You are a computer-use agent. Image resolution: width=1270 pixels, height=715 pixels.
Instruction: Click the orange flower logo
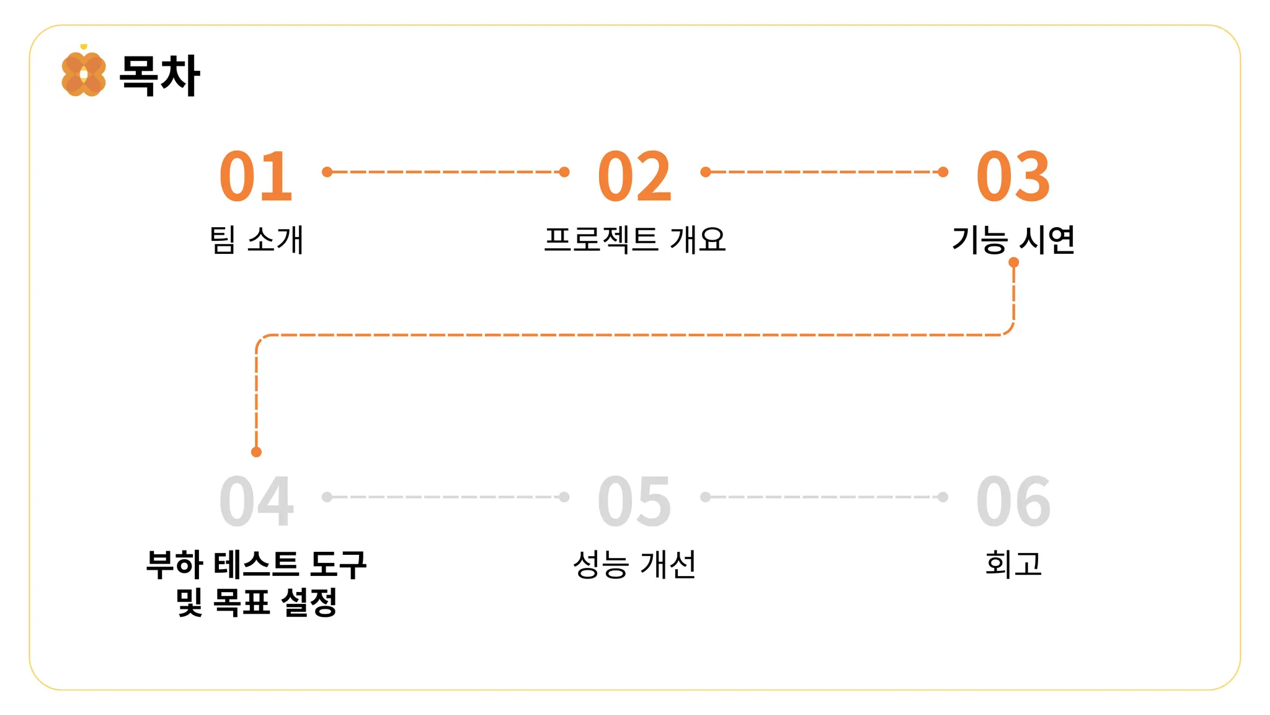pyautogui.click(x=83, y=74)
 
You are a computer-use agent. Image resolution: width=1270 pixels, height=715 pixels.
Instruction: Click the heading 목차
pyautogui.click(x=159, y=75)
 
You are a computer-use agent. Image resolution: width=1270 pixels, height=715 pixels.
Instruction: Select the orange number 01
pyautogui.click(x=256, y=177)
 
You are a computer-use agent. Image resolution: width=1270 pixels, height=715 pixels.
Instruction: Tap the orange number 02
pyautogui.click(x=634, y=177)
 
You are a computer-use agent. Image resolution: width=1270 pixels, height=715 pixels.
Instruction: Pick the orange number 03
pyautogui.click(x=1013, y=177)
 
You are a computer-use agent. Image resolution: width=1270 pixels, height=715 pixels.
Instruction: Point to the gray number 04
pyautogui.click(x=256, y=501)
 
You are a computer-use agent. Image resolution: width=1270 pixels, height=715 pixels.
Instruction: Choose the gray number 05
pyautogui.click(x=634, y=501)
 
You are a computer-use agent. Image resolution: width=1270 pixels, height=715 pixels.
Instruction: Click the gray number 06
pyautogui.click(x=1013, y=501)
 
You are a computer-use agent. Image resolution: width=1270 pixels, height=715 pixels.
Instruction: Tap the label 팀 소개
pyautogui.click(x=256, y=240)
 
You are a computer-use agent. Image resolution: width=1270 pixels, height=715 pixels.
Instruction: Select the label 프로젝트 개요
pyautogui.click(x=634, y=240)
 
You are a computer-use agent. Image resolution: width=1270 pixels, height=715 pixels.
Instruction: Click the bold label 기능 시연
pyautogui.click(x=1013, y=240)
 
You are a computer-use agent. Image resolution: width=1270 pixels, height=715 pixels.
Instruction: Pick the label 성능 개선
pyautogui.click(x=634, y=565)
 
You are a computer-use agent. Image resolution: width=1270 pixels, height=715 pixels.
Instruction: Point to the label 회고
pyautogui.click(x=1013, y=565)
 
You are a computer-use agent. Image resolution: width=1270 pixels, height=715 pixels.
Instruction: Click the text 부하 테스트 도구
pyautogui.click(x=256, y=565)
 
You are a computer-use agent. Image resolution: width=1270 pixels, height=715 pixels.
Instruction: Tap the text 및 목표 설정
pyautogui.click(x=256, y=602)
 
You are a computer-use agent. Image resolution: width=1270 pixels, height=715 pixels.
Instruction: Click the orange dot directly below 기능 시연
pyautogui.click(x=1014, y=263)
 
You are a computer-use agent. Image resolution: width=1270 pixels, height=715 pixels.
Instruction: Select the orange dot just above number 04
pyautogui.click(x=256, y=452)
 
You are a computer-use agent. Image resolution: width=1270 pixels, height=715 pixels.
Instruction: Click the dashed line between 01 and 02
pyautogui.click(x=445, y=172)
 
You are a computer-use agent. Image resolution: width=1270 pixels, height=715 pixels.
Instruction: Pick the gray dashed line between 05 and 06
pyautogui.click(x=824, y=497)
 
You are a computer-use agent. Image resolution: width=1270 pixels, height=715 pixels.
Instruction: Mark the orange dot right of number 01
pyautogui.click(x=327, y=172)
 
